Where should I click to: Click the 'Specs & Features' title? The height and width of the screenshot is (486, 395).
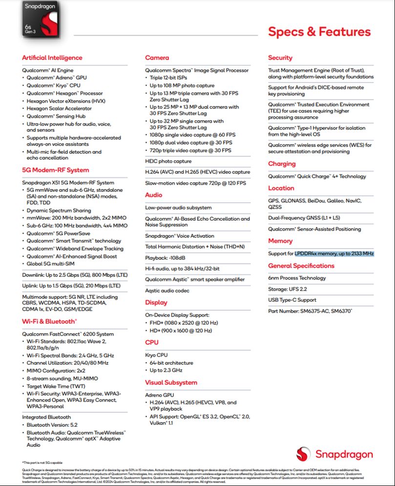point(319,32)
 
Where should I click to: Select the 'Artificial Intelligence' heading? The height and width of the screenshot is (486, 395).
point(52,58)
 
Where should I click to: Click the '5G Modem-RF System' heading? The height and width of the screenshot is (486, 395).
point(56,170)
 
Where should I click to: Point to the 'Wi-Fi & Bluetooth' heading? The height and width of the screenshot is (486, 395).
point(49,321)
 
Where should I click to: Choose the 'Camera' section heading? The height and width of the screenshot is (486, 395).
point(157,58)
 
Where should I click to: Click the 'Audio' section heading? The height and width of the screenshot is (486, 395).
point(154,195)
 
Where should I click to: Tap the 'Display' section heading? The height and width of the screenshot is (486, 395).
point(156,302)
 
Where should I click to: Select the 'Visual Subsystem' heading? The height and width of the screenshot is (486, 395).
point(171,382)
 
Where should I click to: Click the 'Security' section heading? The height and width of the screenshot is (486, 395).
point(280,58)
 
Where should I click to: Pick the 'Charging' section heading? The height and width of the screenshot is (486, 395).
point(282,164)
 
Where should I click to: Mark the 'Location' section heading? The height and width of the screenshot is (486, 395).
point(281,188)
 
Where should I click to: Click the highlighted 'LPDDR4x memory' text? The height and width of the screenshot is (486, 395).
point(334,254)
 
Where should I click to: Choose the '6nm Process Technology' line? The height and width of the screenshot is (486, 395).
point(297,278)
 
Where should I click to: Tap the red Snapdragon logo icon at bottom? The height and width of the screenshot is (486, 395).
point(303,454)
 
